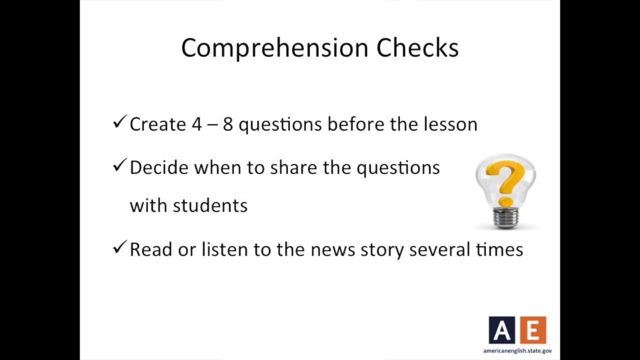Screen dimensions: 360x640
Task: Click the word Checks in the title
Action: pos(417,48)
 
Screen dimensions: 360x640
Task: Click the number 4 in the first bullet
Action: pos(196,124)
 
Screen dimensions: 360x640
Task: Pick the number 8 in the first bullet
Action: pos(227,124)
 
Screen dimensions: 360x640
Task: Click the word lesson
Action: pos(450,124)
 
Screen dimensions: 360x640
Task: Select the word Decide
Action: pos(158,167)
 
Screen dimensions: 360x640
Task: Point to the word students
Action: pos(210,205)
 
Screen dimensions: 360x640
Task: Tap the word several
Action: pos(439,249)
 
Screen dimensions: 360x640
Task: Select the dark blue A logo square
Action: pos(501,330)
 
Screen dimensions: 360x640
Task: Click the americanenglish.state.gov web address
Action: pos(517,351)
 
